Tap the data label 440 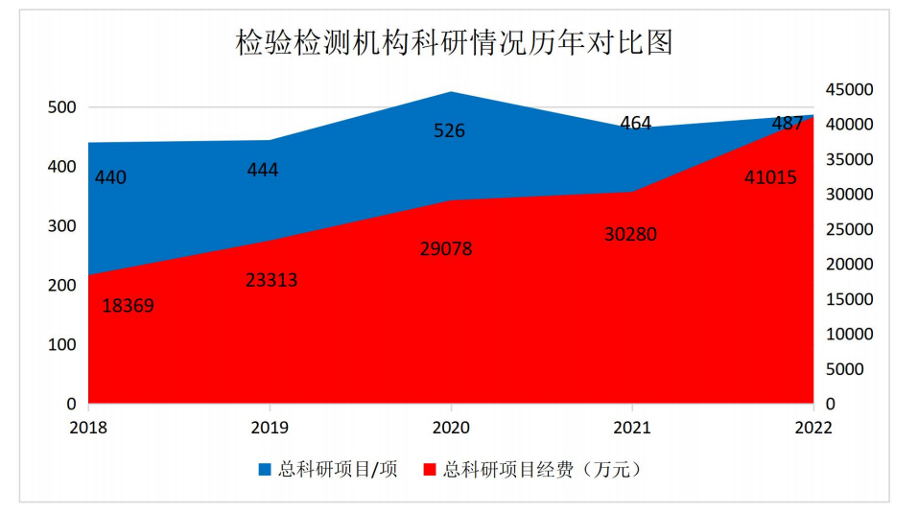[x=111, y=177]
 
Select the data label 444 [x=262, y=170]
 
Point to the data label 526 [x=449, y=130]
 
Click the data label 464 [x=635, y=123]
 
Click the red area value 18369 [x=128, y=306]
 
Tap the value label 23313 [x=271, y=280]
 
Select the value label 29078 [x=446, y=249]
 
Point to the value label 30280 [x=630, y=234]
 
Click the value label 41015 [x=770, y=177]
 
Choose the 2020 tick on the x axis [x=451, y=428]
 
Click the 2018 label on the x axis [x=89, y=428]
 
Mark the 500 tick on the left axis [x=61, y=107]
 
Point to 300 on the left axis [x=61, y=226]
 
